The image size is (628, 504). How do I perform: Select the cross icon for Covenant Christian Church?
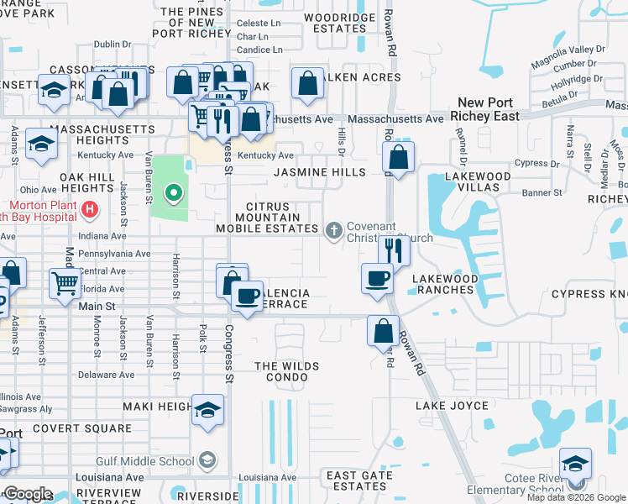point(333,230)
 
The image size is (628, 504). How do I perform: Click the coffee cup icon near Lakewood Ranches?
point(377,277)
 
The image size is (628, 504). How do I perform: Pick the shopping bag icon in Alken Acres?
point(308,83)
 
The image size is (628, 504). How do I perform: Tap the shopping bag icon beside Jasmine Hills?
point(398,156)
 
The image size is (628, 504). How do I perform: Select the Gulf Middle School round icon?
point(207,460)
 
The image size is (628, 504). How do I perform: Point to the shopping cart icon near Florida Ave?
point(65,283)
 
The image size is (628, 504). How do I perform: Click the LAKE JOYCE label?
point(452,406)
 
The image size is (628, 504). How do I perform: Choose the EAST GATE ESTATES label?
point(356,480)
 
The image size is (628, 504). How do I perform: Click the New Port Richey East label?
point(484,109)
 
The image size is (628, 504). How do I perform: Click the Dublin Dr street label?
point(113,45)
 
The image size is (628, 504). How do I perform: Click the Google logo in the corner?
point(28,494)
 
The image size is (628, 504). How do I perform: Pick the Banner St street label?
point(544,192)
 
